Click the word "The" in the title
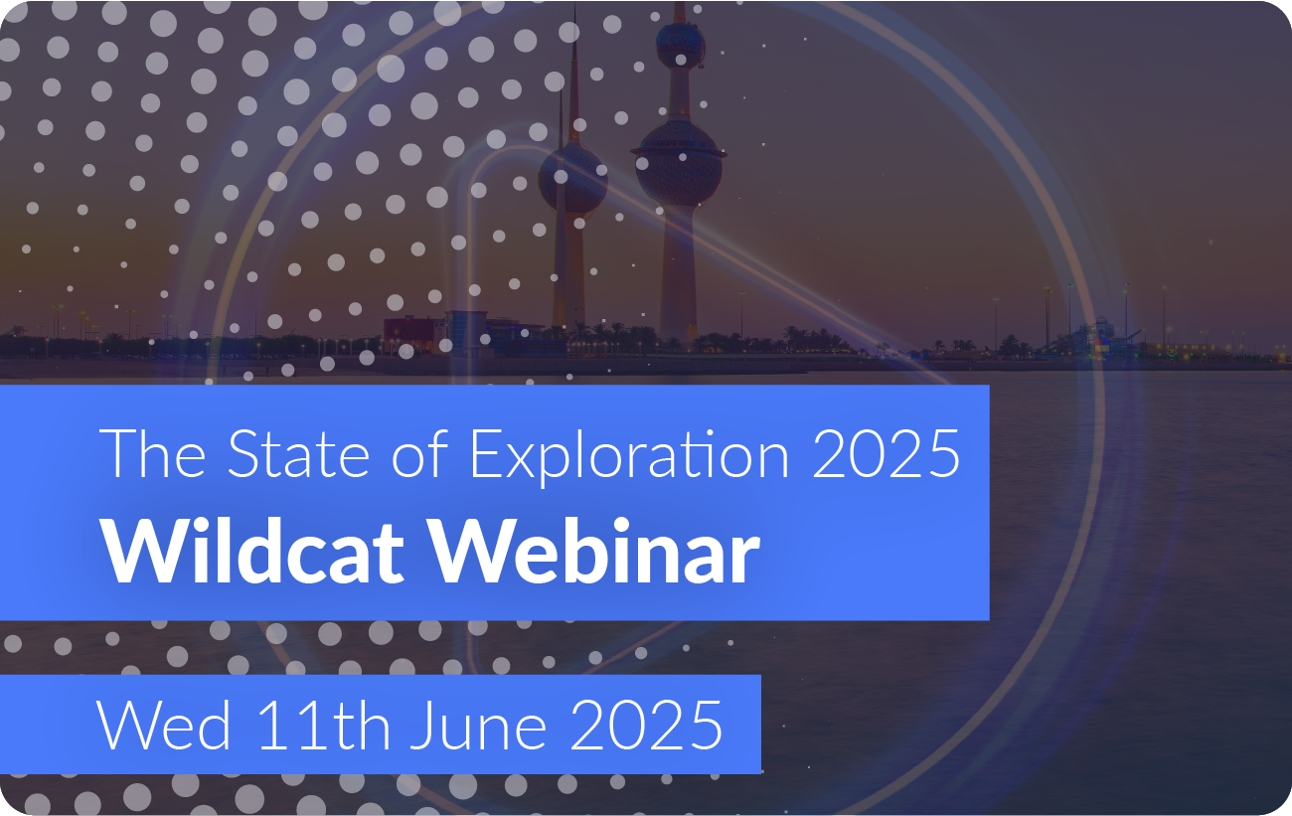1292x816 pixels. [x=153, y=454]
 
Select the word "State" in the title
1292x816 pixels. [x=298, y=454]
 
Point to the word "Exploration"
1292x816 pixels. [x=630, y=457]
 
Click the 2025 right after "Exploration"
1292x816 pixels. [x=886, y=454]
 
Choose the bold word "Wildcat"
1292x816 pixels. [x=251, y=551]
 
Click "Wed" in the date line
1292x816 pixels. [x=164, y=725]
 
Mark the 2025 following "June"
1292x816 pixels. [x=646, y=725]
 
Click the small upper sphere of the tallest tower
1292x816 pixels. [x=680, y=45]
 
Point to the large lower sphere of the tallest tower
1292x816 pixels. [x=678, y=164]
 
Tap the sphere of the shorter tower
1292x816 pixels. [x=572, y=179]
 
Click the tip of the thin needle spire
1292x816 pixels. [x=574, y=6]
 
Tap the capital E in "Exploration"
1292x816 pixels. [x=486, y=454]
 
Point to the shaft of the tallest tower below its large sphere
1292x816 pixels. [x=679, y=271]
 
